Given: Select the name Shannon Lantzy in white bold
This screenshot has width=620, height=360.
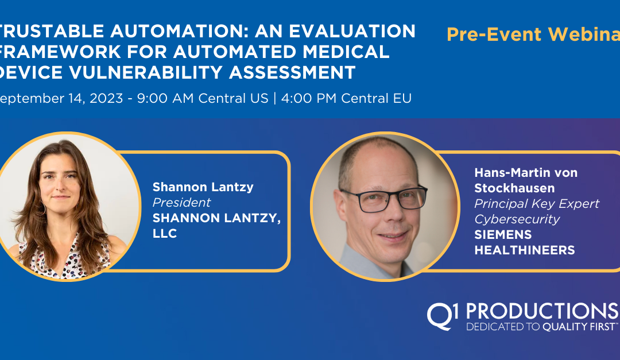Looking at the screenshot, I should point(203,187).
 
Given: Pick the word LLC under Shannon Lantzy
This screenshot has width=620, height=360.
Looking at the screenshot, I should point(165,234).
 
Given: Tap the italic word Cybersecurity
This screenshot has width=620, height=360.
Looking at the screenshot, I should point(517,219).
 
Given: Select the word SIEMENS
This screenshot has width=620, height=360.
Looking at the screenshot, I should point(503,235).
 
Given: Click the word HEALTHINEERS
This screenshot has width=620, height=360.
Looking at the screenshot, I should point(525,250).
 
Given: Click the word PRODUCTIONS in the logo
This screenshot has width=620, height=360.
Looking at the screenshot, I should point(541,311).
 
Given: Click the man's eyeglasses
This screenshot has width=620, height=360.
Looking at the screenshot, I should point(383,198).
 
